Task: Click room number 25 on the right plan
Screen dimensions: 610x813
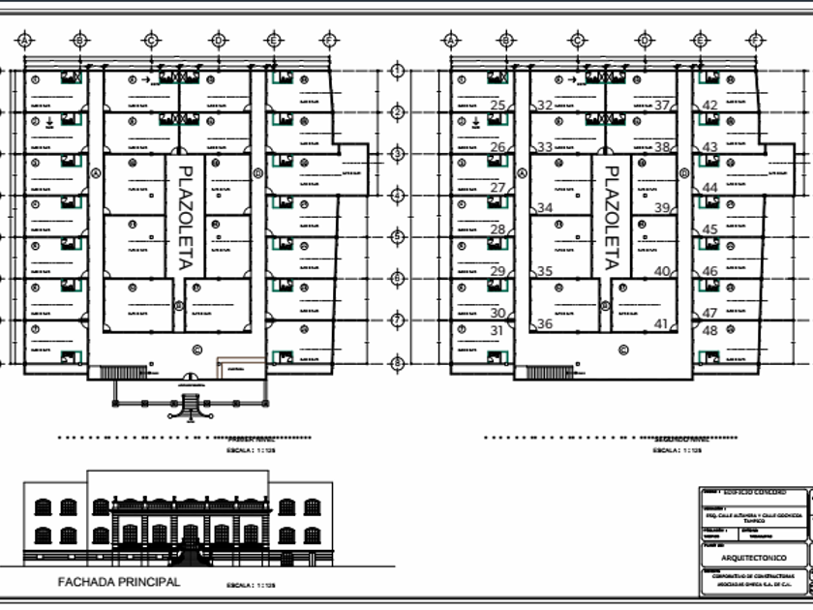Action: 498,106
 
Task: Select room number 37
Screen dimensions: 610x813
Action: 663,106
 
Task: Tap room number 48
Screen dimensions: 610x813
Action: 709,330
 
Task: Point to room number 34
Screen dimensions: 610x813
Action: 545,208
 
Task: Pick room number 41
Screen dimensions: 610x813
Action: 662,324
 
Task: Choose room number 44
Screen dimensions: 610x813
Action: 709,188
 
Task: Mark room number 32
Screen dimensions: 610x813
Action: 545,106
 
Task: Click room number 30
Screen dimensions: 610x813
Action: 498,313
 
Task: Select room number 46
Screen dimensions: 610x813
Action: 709,272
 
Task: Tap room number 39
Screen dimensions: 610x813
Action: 662,208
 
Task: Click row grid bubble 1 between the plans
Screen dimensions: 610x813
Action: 397,71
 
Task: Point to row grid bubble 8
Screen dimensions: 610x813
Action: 397,364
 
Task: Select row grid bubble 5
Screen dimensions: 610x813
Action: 397,237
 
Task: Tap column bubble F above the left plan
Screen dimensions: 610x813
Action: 329,40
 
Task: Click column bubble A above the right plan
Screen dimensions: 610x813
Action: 450,40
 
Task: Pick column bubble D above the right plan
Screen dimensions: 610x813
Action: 645,40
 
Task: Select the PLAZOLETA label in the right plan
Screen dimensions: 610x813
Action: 611,217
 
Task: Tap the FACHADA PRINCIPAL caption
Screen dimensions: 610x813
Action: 119,582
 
